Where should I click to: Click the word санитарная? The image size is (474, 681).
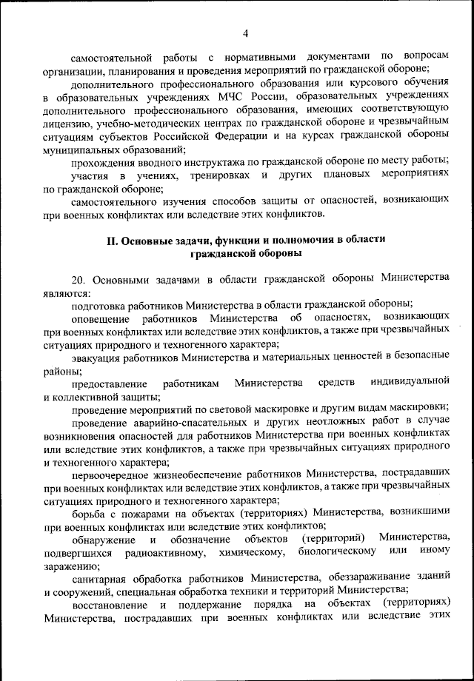click(101, 578)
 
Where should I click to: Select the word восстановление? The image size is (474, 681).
click(108, 604)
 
